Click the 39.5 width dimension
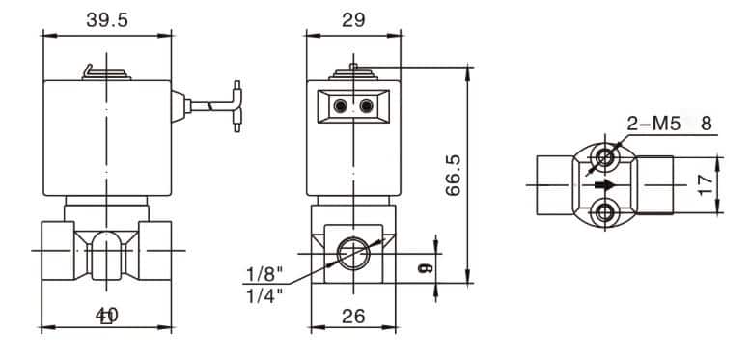point(107,20)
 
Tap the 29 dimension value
point(353,20)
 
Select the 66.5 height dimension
point(453,175)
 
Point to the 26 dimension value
point(353,316)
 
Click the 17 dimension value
point(706,185)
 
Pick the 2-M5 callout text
point(653,125)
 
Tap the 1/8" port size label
point(264,274)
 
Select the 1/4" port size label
point(264,295)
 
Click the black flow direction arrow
point(604,185)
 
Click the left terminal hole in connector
point(341,105)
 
